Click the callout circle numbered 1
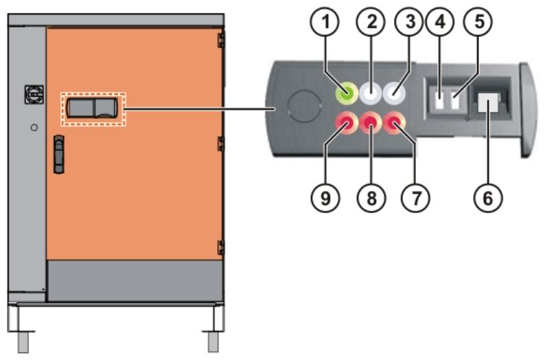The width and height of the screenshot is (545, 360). pyautogui.click(x=325, y=21)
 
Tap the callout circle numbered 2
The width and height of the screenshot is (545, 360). pyautogui.click(x=371, y=21)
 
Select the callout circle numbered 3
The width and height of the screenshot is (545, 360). pyautogui.click(x=410, y=21)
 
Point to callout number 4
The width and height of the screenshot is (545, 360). pyautogui.click(x=440, y=21)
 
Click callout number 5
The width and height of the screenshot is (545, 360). pyautogui.click(x=479, y=21)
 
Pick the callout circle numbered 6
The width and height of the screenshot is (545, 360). pyautogui.click(x=488, y=198)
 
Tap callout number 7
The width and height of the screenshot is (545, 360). pyautogui.click(x=416, y=198)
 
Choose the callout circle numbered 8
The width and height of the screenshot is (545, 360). pyautogui.click(x=371, y=198)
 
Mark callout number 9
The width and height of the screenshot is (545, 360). pyautogui.click(x=325, y=198)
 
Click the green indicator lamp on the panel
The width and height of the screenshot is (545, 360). pyautogui.click(x=346, y=93)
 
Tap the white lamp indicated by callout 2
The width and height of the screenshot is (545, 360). pyautogui.click(x=371, y=93)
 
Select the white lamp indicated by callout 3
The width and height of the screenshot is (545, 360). pyautogui.click(x=395, y=93)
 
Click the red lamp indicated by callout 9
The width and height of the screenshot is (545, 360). pyautogui.click(x=346, y=123)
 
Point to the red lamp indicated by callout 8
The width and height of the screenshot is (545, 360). pyautogui.click(x=371, y=123)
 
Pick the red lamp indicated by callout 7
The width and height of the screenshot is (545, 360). pyautogui.click(x=395, y=123)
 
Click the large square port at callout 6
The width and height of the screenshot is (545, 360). pyautogui.click(x=488, y=102)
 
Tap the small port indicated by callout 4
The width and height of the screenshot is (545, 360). pyautogui.click(x=439, y=101)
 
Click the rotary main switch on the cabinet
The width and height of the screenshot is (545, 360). pyautogui.click(x=34, y=94)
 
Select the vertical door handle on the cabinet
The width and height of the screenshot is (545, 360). pyautogui.click(x=59, y=155)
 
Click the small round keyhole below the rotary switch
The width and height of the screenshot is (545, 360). pyautogui.click(x=34, y=128)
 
